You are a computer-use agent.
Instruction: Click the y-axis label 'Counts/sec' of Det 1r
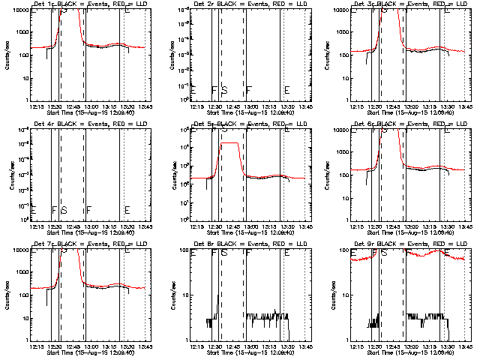click(8, 56)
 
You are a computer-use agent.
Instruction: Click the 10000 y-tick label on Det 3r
click(347, 10)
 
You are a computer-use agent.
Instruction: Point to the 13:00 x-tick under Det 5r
click(251, 226)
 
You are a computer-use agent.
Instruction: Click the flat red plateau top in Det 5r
click(229, 142)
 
